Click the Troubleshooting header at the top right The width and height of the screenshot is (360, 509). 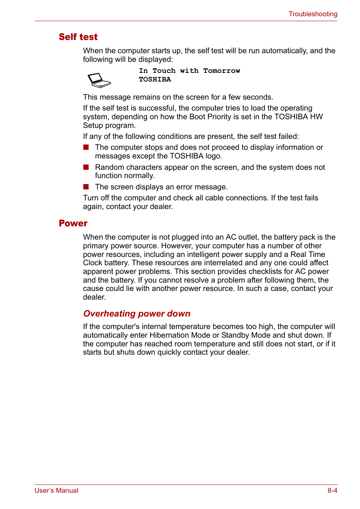313,14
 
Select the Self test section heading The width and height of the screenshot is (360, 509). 78,37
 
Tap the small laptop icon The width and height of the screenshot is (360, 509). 99,80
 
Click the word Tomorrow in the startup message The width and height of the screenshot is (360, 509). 222,71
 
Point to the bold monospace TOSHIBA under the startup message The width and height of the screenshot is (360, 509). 155,79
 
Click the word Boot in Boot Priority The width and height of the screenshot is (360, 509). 197,117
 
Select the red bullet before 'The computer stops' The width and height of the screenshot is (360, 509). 86,147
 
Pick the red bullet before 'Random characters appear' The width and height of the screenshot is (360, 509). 86,167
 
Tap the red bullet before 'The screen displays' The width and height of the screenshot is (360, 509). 86,187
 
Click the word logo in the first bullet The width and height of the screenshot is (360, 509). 213,156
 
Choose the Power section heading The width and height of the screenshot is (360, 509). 73,223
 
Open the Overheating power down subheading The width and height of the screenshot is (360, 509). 137,314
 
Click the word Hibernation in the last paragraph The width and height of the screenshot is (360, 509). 169,335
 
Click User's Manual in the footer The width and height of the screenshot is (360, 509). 57,491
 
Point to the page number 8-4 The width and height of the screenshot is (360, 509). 332,491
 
